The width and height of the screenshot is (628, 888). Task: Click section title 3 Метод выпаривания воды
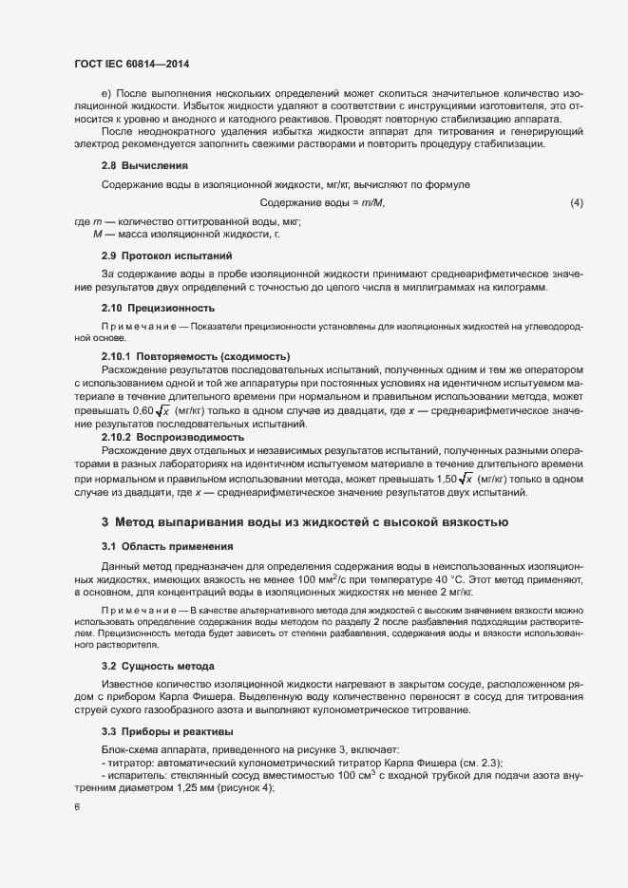point(305,522)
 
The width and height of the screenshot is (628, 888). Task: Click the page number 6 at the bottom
point(77,808)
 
